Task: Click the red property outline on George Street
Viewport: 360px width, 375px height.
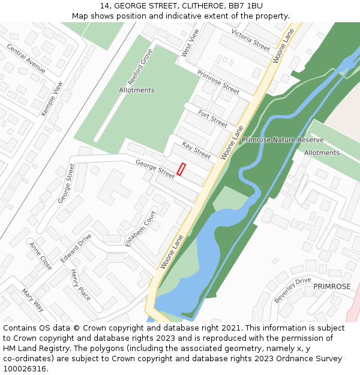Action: pyautogui.click(x=182, y=169)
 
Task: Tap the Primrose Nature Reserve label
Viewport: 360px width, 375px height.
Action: pyautogui.click(x=283, y=140)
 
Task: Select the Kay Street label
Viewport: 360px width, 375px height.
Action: pyautogui.click(x=196, y=151)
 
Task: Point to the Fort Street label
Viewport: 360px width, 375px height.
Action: pyautogui.click(x=213, y=119)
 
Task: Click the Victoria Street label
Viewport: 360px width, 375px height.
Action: pyautogui.click(x=250, y=40)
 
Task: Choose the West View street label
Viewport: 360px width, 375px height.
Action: pyautogui.click(x=190, y=43)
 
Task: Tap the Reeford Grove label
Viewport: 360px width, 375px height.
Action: pyautogui.click(x=140, y=67)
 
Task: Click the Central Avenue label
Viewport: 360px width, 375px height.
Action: pyautogui.click(x=26, y=58)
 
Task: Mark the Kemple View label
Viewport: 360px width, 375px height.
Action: pyautogui.click(x=52, y=99)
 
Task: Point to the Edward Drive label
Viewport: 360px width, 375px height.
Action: pyautogui.click(x=76, y=245)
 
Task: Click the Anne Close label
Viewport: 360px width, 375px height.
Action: pyautogui.click(x=41, y=256)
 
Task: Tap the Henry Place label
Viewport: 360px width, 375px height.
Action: pyautogui.click(x=80, y=285)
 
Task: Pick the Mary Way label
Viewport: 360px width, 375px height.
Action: pyautogui.click(x=33, y=300)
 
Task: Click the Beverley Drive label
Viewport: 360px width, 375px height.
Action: pyautogui.click(x=293, y=290)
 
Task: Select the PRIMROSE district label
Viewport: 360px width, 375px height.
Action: pyautogui.click(x=332, y=287)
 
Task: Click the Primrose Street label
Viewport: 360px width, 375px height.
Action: pyautogui.click(x=218, y=82)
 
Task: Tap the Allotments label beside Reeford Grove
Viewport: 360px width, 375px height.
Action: pyautogui.click(x=137, y=90)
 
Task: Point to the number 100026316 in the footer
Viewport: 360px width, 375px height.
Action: pyautogui.click(x=25, y=368)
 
